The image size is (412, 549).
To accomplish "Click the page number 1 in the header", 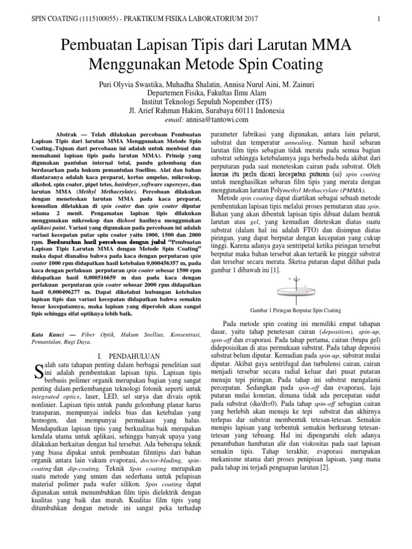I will [378, 19].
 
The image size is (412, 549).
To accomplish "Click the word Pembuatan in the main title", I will [106, 47].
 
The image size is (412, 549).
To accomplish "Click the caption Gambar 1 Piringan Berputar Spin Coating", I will [296, 310].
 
